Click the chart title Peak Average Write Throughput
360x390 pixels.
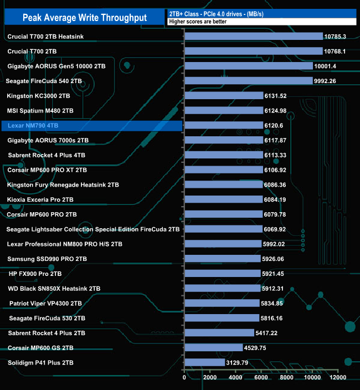84,18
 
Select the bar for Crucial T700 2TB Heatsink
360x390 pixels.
253,37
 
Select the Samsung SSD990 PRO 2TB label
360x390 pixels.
47,259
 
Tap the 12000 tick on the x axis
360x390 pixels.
338,378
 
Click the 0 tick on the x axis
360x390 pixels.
184,378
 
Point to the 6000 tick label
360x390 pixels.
261,378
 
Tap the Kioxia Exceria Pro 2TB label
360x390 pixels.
41,199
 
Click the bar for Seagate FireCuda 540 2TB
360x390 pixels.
248,81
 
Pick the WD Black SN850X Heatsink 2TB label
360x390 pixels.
54,288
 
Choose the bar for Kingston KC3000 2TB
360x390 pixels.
223,96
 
